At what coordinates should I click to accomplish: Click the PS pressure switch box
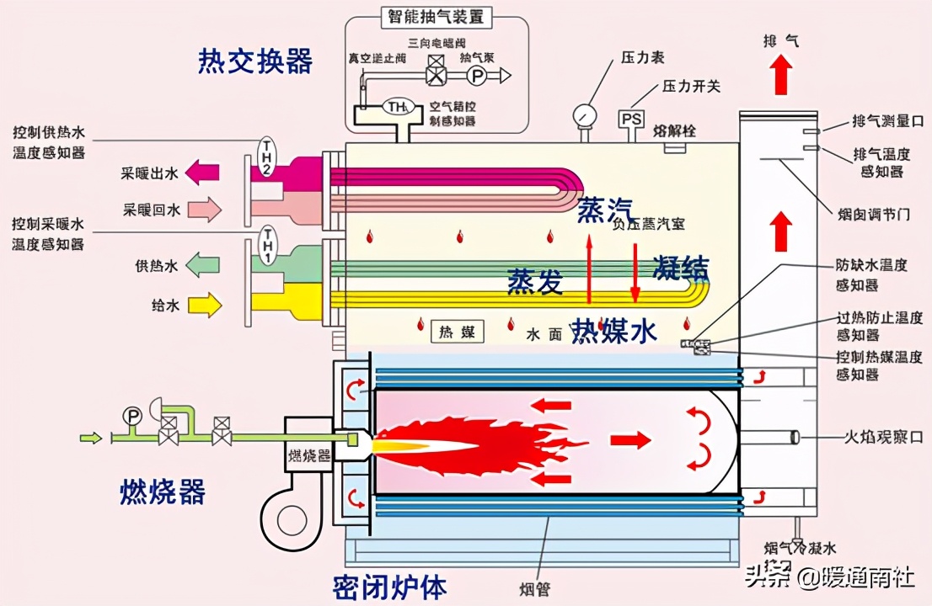[631, 120]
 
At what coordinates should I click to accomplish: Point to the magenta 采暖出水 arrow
[202, 173]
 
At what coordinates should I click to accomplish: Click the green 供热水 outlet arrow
[202, 266]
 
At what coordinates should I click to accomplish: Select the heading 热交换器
[255, 61]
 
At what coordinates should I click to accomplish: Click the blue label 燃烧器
[163, 492]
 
